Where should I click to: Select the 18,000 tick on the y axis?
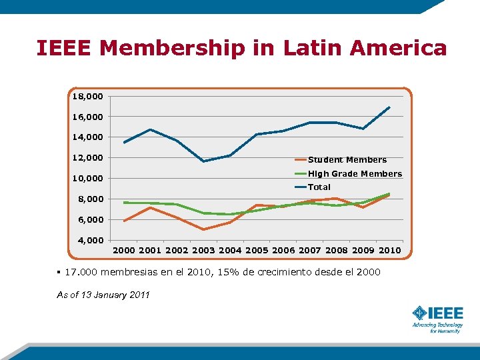click(88, 97)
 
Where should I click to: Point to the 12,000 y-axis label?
click(88, 158)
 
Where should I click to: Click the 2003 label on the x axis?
click(203, 251)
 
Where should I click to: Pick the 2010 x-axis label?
click(390, 251)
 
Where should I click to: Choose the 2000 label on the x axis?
click(124, 251)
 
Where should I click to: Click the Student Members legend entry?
click(347, 160)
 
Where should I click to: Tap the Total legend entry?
click(319, 187)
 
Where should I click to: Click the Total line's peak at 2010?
click(389, 107)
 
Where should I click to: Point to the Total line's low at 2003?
click(203, 161)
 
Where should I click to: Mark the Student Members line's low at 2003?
click(203, 229)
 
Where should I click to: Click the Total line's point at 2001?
click(151, 129)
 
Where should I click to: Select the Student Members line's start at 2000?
click(124, 221)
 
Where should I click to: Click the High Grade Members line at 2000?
click(124, 203)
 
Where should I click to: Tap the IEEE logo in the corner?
click(437, 318)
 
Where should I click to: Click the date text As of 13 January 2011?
click(103, 295)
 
